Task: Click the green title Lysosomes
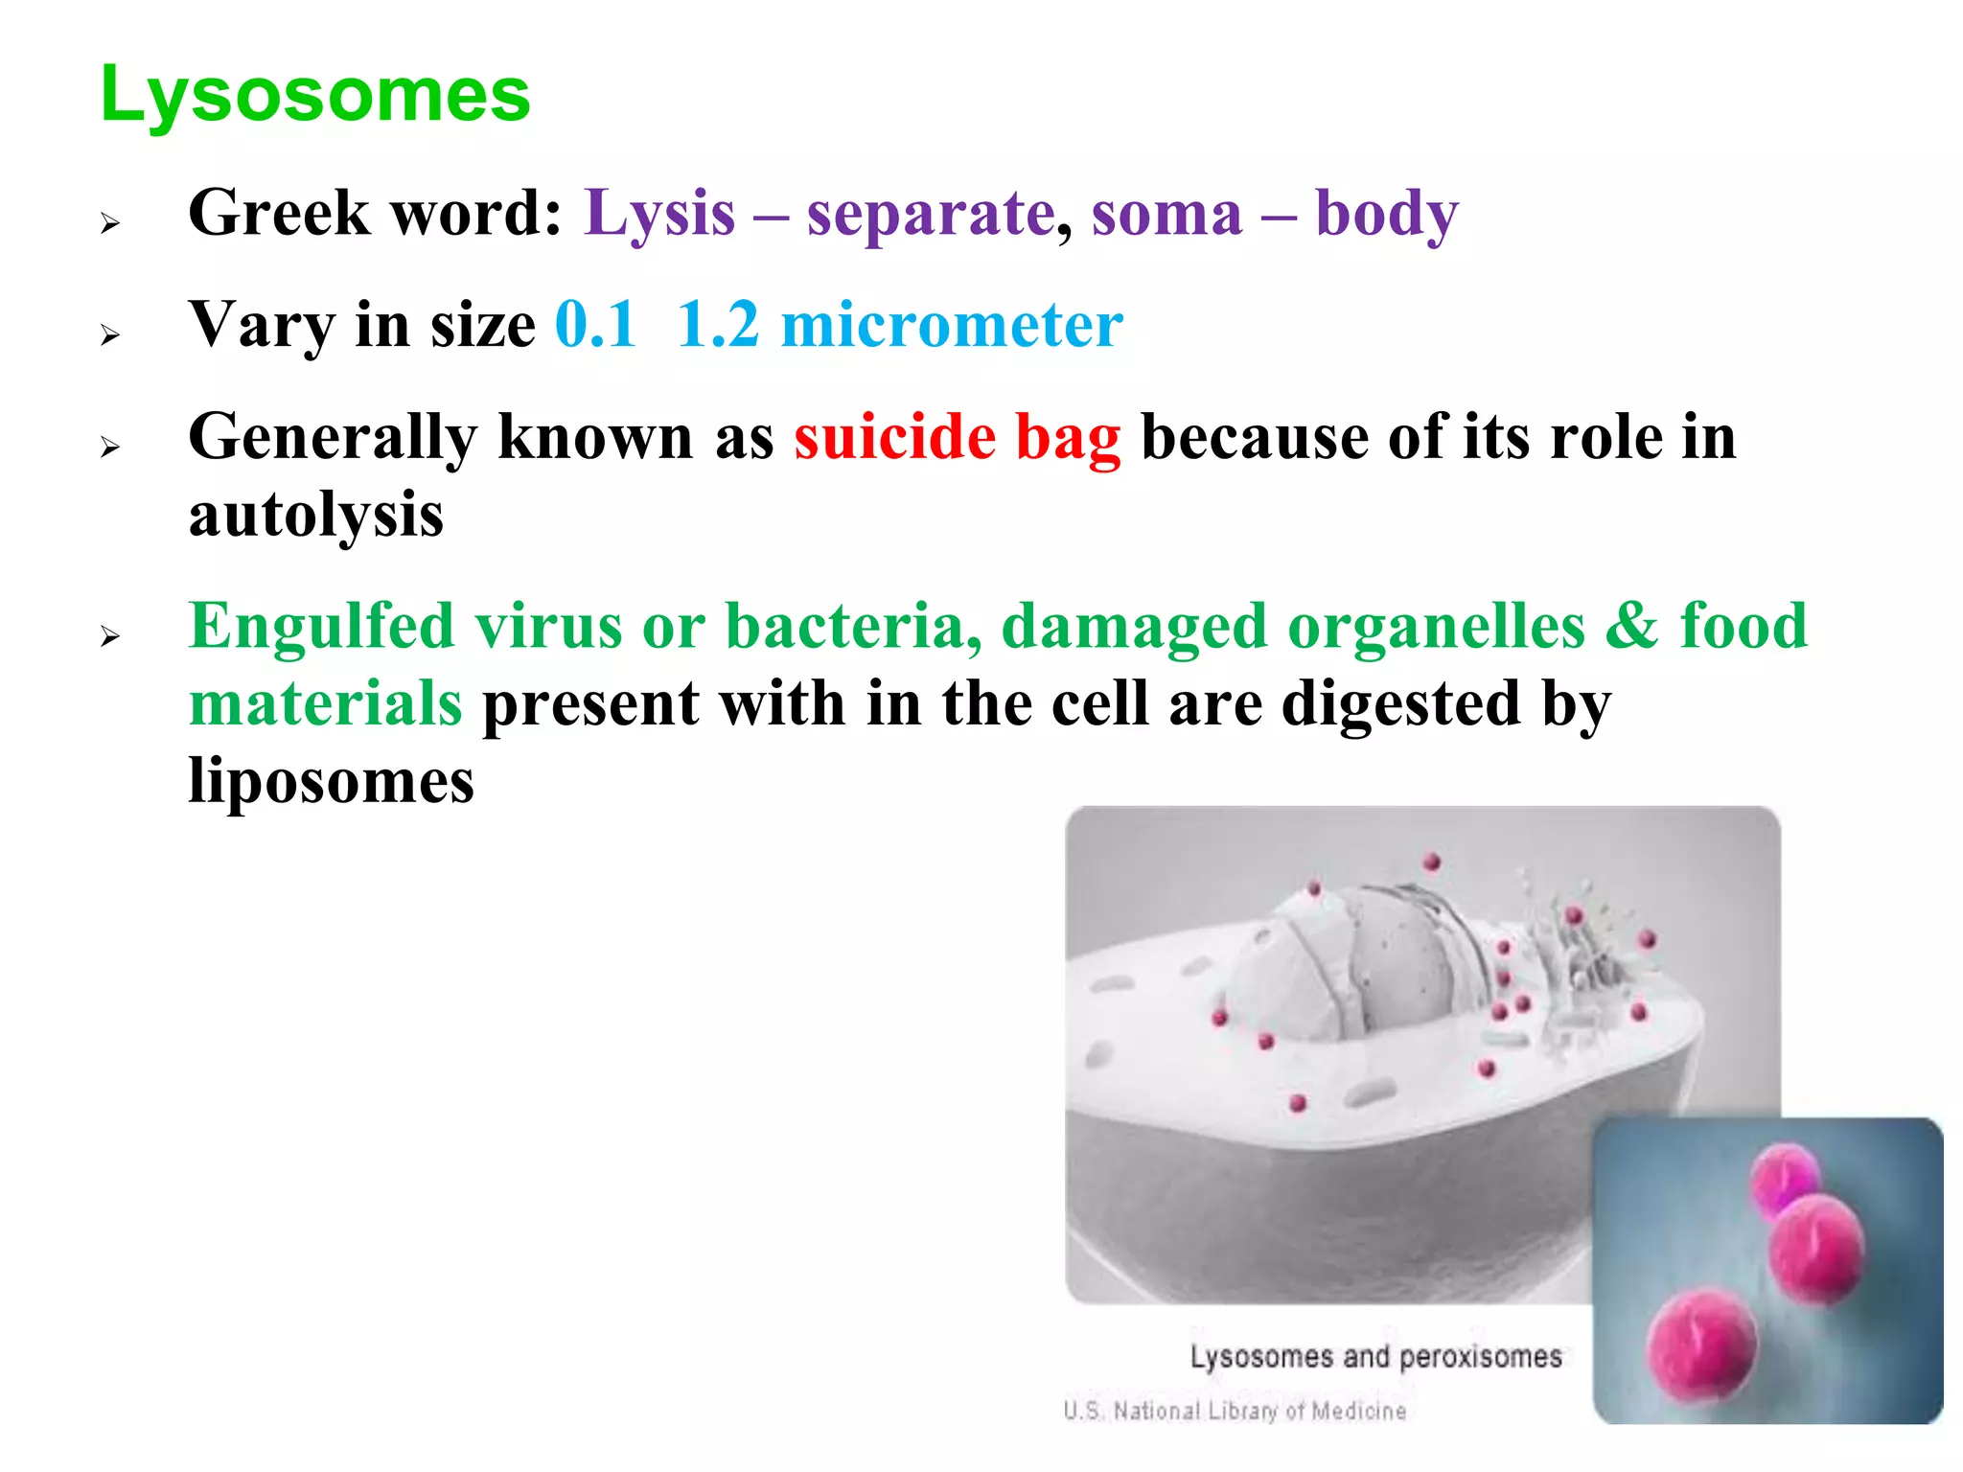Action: [x=314, y=96]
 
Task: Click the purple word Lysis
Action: [x=659, y=213]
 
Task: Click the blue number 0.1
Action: [x=595, y=325]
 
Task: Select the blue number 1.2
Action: [x=718, y=325]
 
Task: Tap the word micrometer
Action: [x=952, y=325]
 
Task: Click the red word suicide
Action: [x=894, y=437]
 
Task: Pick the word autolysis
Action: [x=315, y=516]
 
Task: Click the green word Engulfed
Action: [x=321, y=627]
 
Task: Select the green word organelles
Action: [x=1436, y=627]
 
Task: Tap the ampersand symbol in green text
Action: [x=1631, y=627]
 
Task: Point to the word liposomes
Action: [x=331, y=780]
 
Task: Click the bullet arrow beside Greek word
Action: [x=110, y=224]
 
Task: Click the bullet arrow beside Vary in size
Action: [x=110, y=335]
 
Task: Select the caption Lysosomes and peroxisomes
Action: [x=1375, y=1357]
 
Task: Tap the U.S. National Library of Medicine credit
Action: [x=1235, y=1411]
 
